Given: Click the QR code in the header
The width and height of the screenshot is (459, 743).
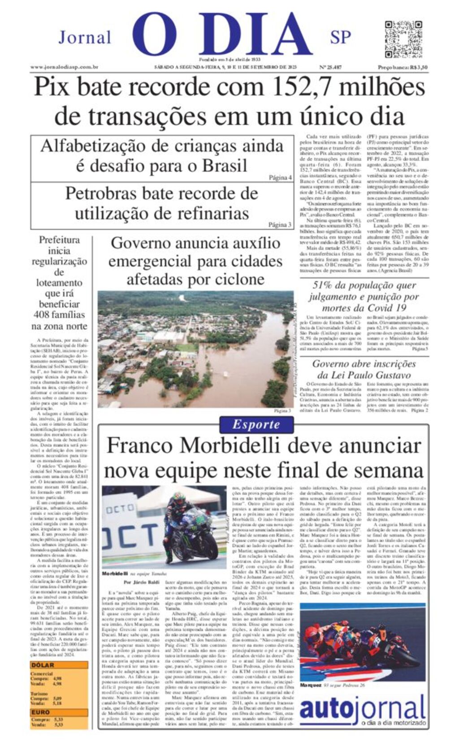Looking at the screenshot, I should tap(397, 39).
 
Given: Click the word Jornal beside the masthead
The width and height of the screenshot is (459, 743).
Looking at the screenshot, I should tap(85, 37).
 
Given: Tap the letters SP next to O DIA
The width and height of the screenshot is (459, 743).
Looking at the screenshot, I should tap(340, 37).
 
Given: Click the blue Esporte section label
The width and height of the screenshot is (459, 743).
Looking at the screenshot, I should tap(256, 424).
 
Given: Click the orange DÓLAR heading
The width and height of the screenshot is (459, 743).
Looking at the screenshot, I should tap(43, 665).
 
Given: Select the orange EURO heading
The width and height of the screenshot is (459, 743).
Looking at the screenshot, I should tap(41, 712).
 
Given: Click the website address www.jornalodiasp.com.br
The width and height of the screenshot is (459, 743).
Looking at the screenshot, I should tap(65, 67).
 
